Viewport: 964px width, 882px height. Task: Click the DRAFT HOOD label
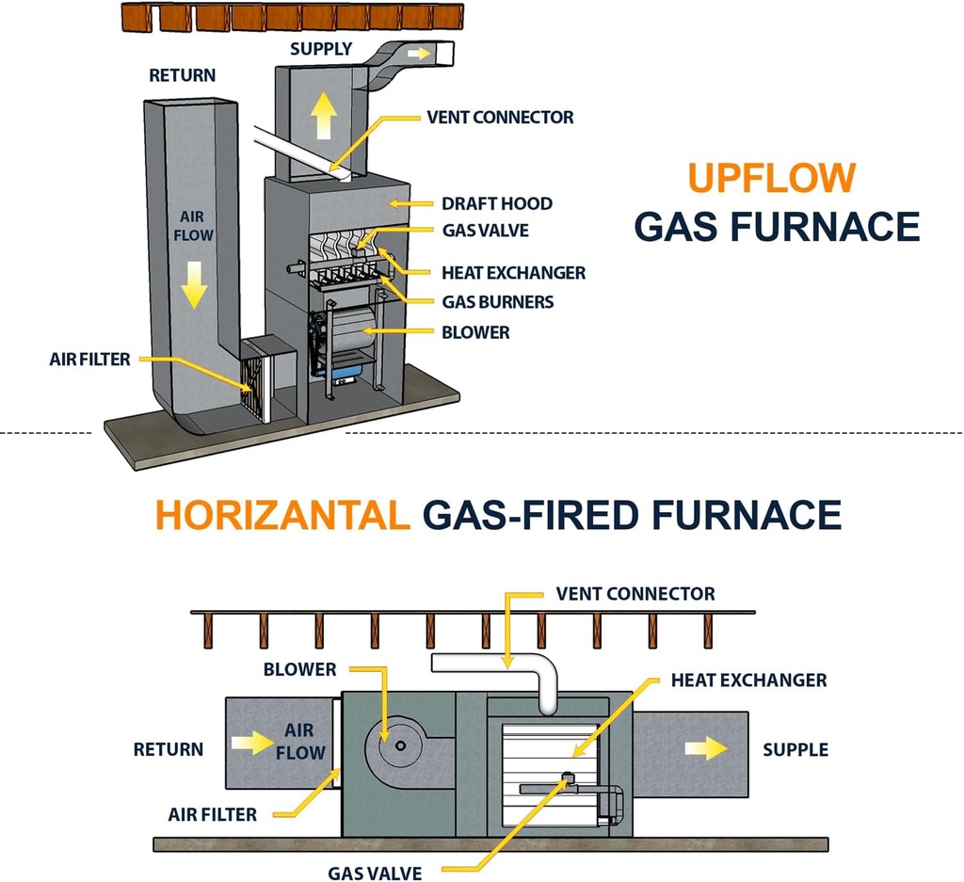(x=497, y=203)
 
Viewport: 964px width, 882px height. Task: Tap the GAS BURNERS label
(x=498, y=302)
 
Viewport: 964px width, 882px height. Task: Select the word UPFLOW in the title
(x=771, y=178)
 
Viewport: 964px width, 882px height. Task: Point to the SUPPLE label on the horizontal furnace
(x=795, y=750)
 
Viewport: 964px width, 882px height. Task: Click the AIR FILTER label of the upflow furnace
(x=90, y=360)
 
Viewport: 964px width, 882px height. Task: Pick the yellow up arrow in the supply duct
(x=325, y=117)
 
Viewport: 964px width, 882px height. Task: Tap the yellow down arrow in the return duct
(x=193, y=285)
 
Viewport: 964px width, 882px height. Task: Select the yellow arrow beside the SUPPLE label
(x=706, y=749)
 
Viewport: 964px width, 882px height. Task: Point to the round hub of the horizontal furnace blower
(x=401, y=746)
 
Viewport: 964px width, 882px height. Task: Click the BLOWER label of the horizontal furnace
(x=299, y=670)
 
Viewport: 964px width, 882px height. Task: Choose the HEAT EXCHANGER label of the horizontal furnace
(x=749, y=680)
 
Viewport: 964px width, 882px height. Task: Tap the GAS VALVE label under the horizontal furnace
(x=375, y=873)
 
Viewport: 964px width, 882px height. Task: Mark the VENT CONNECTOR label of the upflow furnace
(x=500, y=118)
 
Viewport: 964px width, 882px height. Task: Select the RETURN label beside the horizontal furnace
(x=168, y=750)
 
